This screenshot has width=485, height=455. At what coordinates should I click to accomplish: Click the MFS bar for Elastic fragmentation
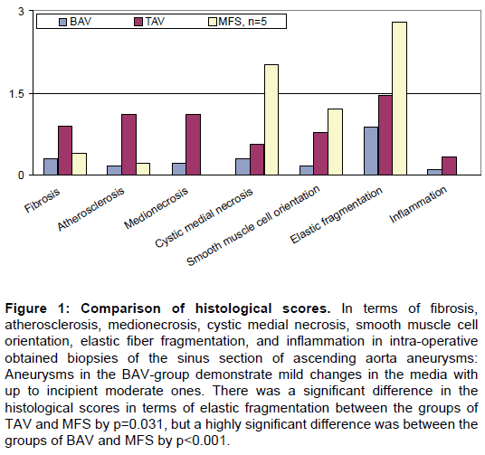[x=399, y=99]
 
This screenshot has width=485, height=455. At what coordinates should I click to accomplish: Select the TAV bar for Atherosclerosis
[x=129, y=145]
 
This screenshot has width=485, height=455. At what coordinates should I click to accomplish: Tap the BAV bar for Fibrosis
[x=51, y=166]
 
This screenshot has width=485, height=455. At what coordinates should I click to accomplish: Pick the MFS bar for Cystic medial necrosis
[x=271, y=119]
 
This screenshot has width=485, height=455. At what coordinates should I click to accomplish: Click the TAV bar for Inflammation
[x=449, y=166]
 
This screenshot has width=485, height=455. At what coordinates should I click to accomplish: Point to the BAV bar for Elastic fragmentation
[x=371, y=151]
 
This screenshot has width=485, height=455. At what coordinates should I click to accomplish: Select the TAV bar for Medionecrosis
[x=193, y=145]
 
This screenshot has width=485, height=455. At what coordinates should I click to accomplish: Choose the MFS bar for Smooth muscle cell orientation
[x=336, y=142]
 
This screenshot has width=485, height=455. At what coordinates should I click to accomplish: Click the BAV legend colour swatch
[x=62, y=22]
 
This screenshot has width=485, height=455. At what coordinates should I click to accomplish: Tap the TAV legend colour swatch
[x=138, y=22]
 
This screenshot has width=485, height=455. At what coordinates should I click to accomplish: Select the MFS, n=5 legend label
[x=242, y=22]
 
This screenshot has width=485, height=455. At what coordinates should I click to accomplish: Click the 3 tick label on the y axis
[x=21, y=12]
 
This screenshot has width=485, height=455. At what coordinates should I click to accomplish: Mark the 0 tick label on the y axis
[x=21, y=175]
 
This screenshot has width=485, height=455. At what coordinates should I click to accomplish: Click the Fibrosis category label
[x=42, y=201]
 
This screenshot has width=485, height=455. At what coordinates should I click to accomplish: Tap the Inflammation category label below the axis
[x=418, y=204]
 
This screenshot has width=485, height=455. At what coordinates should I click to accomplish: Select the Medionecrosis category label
[x=157, y=208]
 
